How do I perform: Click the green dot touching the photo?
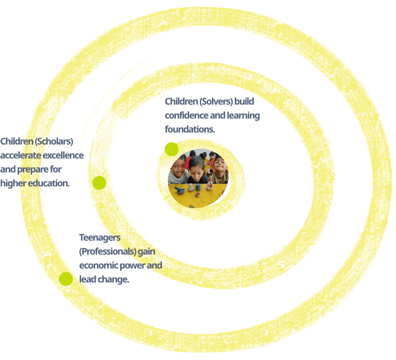click(171, 149)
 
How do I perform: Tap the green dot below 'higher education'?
click(99, 183)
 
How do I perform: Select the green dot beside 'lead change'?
click(66, 279)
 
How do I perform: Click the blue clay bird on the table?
click(180, 190)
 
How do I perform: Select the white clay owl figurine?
click(191, 187)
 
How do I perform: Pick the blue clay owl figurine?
click(198, 187)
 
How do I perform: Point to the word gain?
click(146, 251)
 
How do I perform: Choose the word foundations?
click(190, 129)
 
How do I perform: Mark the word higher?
click(13, 183)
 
